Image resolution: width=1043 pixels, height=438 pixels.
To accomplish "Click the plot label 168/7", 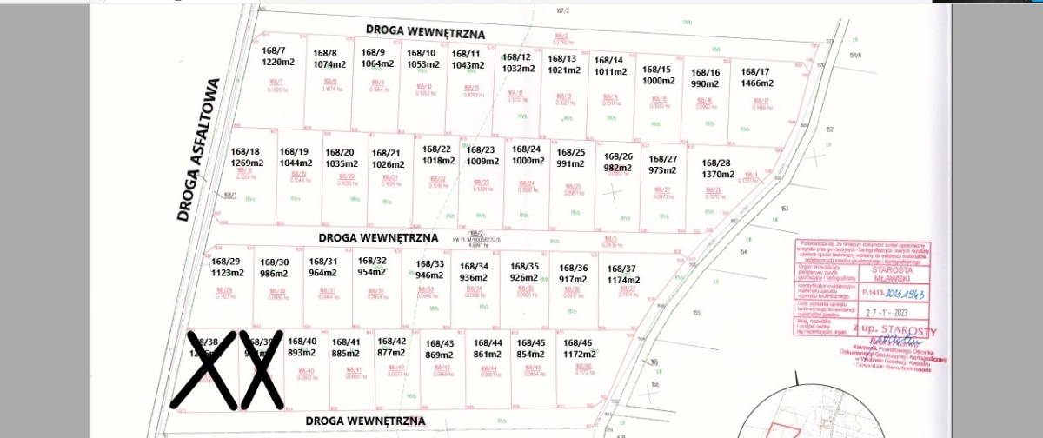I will (274, 50).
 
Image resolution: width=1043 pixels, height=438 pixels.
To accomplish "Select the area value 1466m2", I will (755, 83).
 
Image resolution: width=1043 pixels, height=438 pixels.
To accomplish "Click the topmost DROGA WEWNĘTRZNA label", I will (424, 30).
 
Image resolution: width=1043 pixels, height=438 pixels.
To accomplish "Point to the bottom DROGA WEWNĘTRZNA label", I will (366, 420).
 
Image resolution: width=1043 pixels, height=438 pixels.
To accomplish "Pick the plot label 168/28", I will (716, 163).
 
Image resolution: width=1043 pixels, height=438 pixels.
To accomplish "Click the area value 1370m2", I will (717, 174).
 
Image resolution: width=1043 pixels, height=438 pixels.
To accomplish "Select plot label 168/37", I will (621, 269).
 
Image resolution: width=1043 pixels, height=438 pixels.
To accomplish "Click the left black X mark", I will (203, 369).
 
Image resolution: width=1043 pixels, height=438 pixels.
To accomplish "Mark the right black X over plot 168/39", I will (262, 369).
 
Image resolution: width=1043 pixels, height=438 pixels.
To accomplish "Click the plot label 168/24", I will (526, 149).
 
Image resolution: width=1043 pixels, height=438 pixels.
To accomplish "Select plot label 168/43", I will (439, 343).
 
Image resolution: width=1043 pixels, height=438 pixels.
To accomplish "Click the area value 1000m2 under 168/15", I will (657, 80).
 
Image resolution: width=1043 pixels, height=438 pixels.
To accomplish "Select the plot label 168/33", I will (429, 263).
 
